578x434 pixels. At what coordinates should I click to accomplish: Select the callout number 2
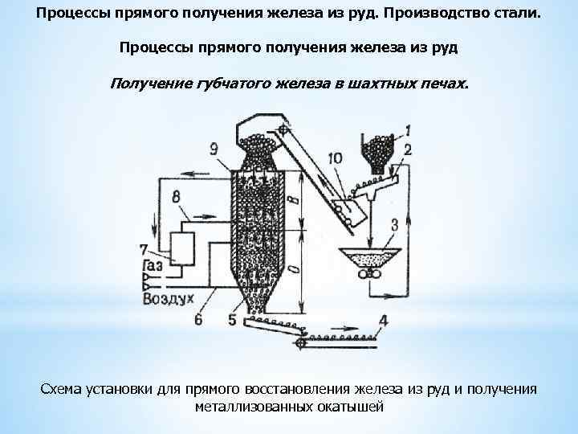[408, 150]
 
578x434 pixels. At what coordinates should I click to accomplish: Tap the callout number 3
[394, 224]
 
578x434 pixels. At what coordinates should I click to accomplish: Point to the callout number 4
[384, 320]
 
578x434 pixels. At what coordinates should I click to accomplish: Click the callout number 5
[232, 320]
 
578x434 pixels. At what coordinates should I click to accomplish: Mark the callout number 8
[176, 196]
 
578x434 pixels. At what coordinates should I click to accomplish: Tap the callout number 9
[214, 148]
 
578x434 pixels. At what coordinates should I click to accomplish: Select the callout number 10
[335, 158]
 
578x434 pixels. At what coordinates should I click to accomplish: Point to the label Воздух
[169, 298]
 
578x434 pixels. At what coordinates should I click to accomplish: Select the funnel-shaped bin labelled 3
[369, 259]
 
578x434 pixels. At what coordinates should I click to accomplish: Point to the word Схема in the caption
[61, 389]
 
